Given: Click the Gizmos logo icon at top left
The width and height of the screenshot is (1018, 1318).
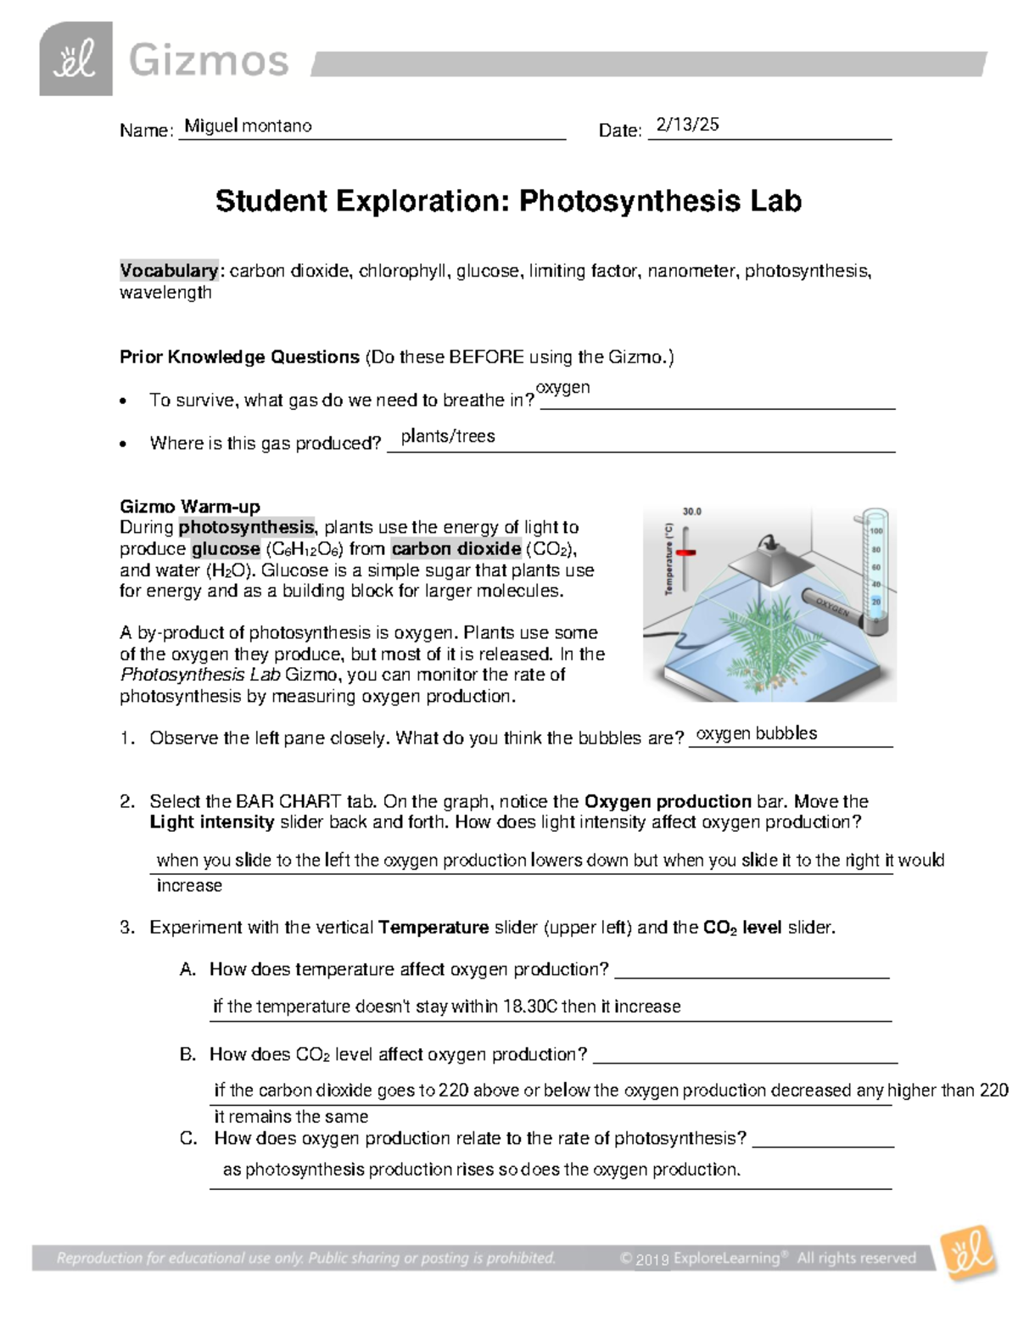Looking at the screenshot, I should tap(76, 59).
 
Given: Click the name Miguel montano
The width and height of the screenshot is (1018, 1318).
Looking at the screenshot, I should tap(248, 126).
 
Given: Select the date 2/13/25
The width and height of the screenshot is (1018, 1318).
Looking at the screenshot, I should tap(687, 124).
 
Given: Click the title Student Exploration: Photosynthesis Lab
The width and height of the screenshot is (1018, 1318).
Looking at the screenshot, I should tap(508, 201).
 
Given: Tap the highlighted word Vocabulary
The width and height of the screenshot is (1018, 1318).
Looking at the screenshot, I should tap(169, 271).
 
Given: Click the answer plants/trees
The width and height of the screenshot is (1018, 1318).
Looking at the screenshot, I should tap(448, 436).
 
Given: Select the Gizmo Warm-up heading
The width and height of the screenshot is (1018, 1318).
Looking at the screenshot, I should tap(190, 507).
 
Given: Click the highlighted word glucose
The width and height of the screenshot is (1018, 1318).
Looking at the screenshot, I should tap(226, 548).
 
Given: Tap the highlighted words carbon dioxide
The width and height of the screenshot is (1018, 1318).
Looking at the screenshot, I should tap(456, 548).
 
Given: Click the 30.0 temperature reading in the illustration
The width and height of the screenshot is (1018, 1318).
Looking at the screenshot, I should tap(692, 512).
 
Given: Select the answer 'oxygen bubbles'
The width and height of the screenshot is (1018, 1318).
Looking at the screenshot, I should tap(756, 733).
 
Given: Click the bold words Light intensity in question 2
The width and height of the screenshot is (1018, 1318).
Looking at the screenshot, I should tap(211, 822).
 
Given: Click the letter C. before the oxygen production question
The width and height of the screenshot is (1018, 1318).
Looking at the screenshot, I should tap(188, 1138).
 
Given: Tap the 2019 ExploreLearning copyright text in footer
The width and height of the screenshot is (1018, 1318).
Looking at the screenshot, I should tap(768, 1258).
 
